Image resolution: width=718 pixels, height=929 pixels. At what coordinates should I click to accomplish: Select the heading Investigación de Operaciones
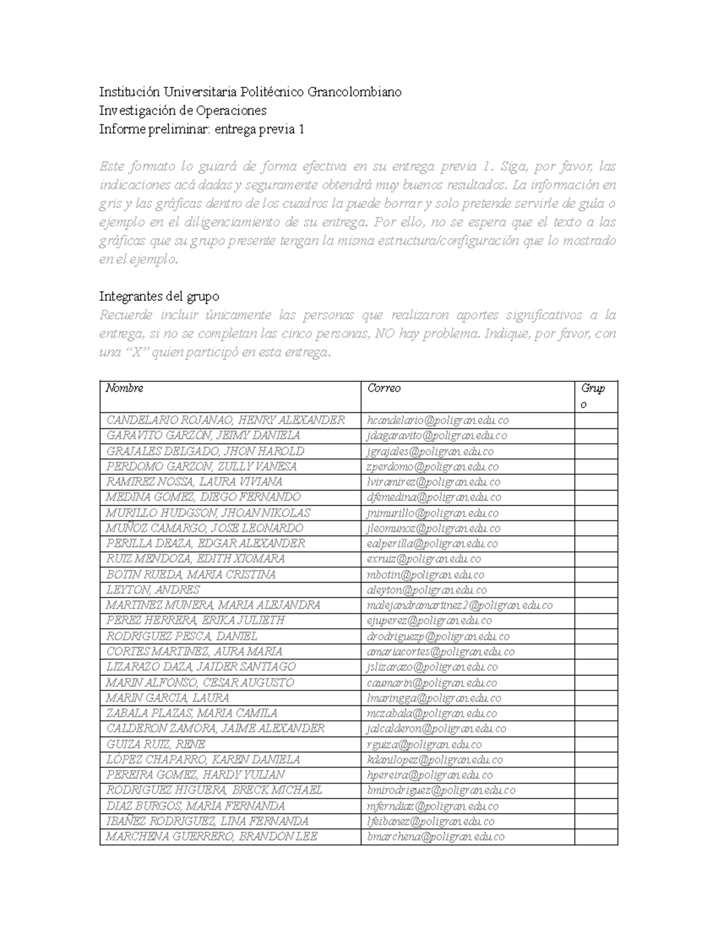coord(182,111)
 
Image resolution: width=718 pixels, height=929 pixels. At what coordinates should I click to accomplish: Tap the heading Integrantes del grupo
coord(159,296)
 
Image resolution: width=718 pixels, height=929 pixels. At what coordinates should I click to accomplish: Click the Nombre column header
coord(124,388)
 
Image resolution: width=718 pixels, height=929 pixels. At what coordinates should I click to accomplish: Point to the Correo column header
coord(384,388)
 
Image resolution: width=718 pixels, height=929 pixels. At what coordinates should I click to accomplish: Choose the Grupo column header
coord(592,396)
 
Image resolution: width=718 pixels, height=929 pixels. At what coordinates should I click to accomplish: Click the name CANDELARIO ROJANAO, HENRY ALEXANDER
coord(225,420)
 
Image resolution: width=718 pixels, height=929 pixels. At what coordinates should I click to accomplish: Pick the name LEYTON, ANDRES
coord(153,590)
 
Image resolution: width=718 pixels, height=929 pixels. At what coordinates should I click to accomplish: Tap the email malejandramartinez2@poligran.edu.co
coord(460,605)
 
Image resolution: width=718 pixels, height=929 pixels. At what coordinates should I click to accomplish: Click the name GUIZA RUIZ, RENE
coord(156,744)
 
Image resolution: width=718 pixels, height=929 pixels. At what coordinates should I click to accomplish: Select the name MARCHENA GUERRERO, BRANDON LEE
coord(211,836)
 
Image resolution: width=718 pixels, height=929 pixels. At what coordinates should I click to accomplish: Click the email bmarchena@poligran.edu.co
coord(436,837)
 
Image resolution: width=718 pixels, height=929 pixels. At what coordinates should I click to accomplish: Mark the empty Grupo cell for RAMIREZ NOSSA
coord(595,482)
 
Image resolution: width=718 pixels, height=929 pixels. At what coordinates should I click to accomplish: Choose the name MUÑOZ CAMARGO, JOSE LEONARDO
coord(205,528)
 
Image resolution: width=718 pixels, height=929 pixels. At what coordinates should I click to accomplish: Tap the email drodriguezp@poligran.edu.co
coord(438,636)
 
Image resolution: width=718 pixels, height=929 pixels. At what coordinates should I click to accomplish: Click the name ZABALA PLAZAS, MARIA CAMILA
coord(191,713)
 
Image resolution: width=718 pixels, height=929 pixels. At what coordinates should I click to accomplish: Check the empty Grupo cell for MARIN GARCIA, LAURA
coord(595,697)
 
